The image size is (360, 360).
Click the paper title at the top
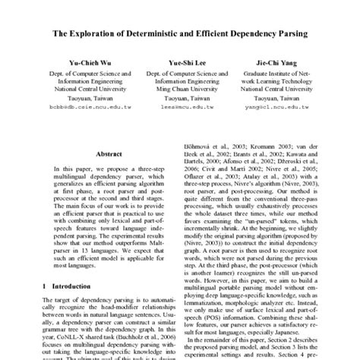[x=179, y=34]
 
